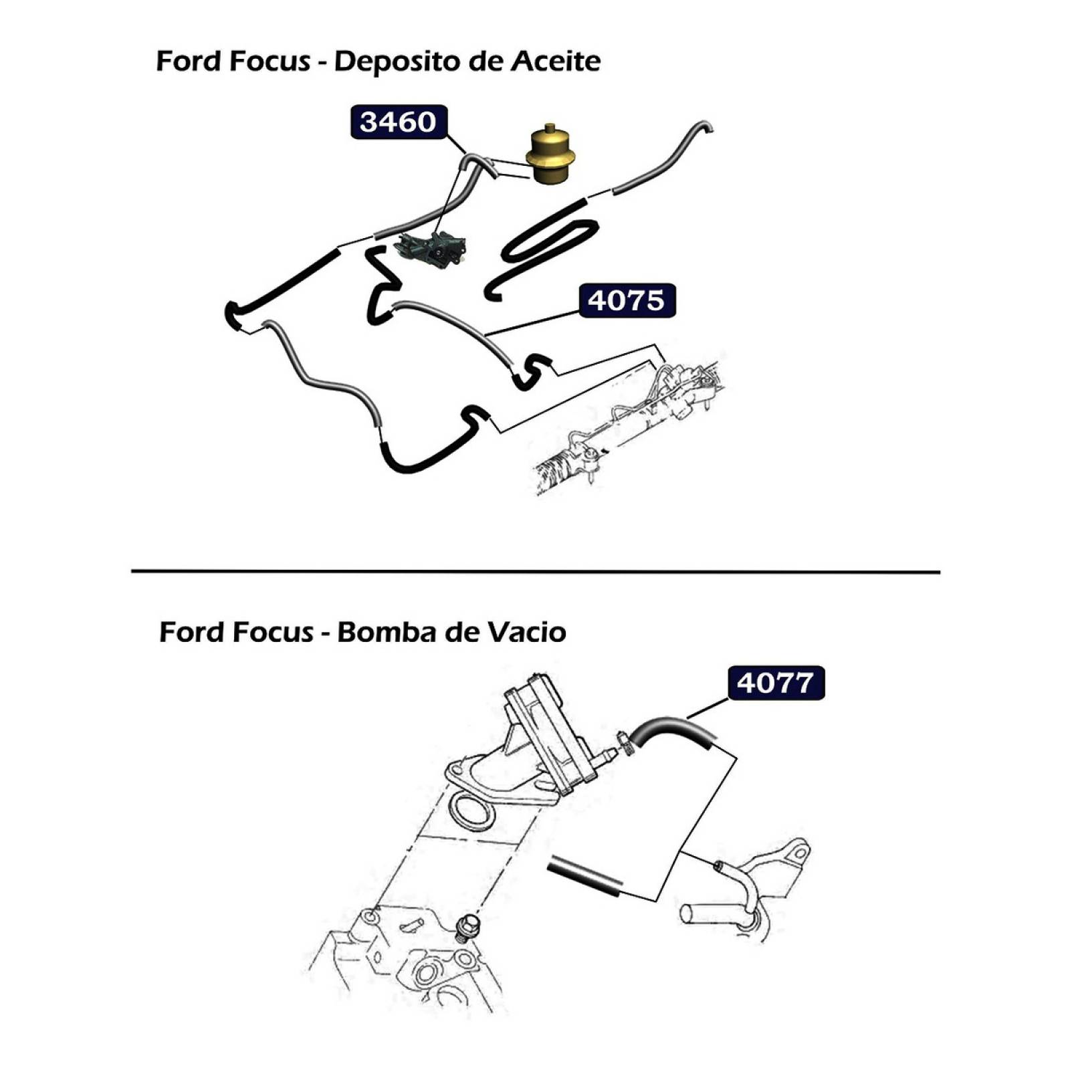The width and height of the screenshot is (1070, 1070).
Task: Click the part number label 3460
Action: (399, 122)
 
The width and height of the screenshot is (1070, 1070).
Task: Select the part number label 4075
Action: (627, 300)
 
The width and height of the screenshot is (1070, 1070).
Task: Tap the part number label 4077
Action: (776, 683)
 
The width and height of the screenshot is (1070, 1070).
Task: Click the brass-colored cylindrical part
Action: (550, 155)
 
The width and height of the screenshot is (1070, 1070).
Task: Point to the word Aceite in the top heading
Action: (556, 61)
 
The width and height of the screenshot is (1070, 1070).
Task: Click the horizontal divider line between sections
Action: (536, 572)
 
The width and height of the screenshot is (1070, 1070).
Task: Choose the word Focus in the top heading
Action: (270, 61)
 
